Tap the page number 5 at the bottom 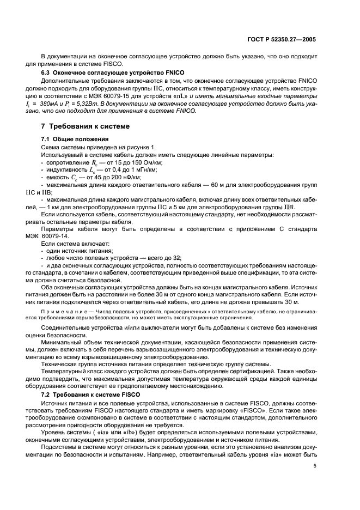click(x=314, y=481)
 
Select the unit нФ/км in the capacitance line click(x=129, y=178)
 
